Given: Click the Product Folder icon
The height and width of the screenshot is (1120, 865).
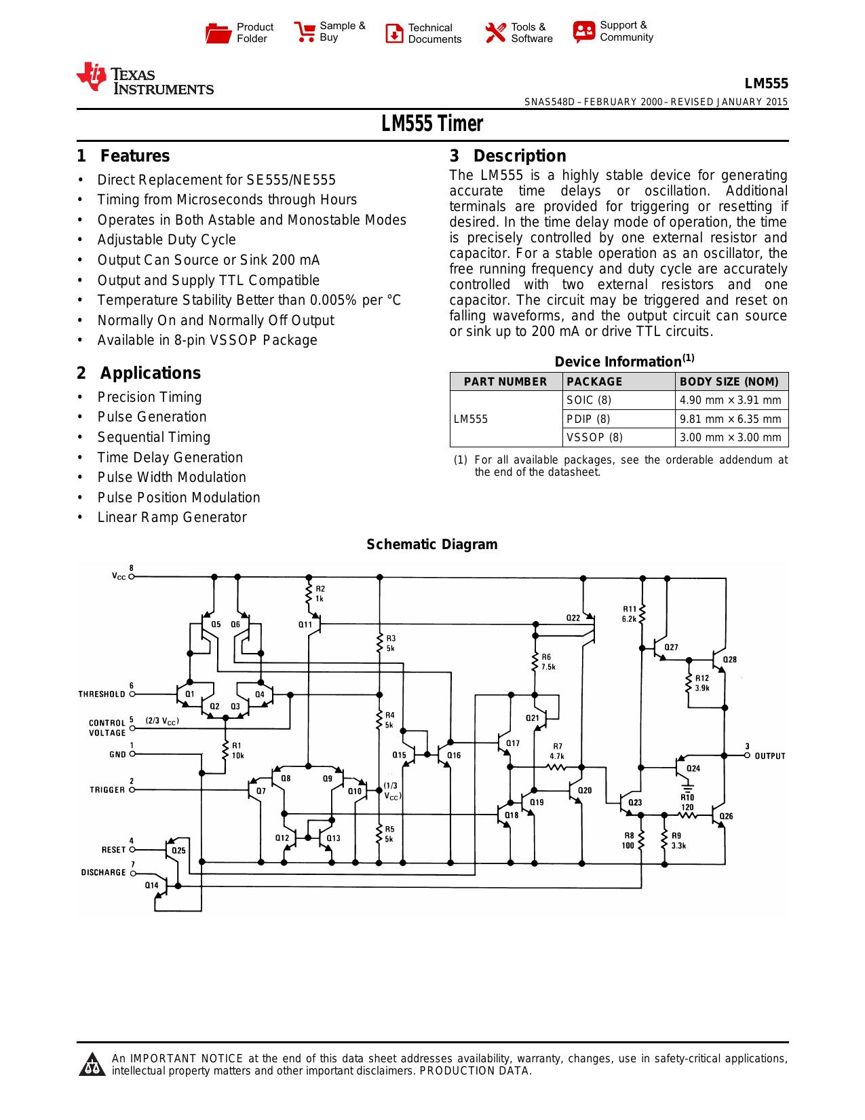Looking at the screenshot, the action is [x=218, y=33].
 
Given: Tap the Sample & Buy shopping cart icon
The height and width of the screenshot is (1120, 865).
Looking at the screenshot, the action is [x=305, y=32].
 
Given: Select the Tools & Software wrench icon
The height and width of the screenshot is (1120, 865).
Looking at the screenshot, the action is [x=496, y=33].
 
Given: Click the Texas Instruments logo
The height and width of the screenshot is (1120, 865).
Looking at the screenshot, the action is [x=145, y=79].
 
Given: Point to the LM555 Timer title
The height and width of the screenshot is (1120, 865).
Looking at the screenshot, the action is [x=432, y=124].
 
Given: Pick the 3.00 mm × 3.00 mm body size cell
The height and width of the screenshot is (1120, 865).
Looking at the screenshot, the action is [x=731, y=438].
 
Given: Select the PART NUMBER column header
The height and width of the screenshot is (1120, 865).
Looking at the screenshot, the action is [x=505, y=381].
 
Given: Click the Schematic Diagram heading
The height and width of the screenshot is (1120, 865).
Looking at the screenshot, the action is [x=432, y=544].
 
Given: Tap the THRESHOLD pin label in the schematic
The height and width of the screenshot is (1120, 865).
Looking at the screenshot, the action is [x=102, y=694].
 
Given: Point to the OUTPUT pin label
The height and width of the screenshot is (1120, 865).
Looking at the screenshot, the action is [x=770, y=756].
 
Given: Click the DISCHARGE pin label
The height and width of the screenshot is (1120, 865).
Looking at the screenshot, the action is [x=103, y=872].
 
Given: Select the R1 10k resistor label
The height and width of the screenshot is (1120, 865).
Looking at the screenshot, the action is [x=237, y=751].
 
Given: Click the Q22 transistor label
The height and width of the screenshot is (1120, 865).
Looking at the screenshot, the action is [x=573, y=618].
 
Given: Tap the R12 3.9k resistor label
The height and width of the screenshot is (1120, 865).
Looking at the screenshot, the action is [x=702, y=683].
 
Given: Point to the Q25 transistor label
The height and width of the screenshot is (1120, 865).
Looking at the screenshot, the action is [x=178, y=851].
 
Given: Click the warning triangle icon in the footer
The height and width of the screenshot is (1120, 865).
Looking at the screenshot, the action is [x=92, y=1064].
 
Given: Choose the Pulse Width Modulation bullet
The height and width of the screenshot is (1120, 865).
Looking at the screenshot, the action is [x=172, y=477].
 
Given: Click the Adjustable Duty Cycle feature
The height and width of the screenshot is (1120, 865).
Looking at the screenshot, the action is [x=166, y=240].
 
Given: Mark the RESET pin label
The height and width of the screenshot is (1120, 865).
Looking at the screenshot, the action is [x=113, y=849].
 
